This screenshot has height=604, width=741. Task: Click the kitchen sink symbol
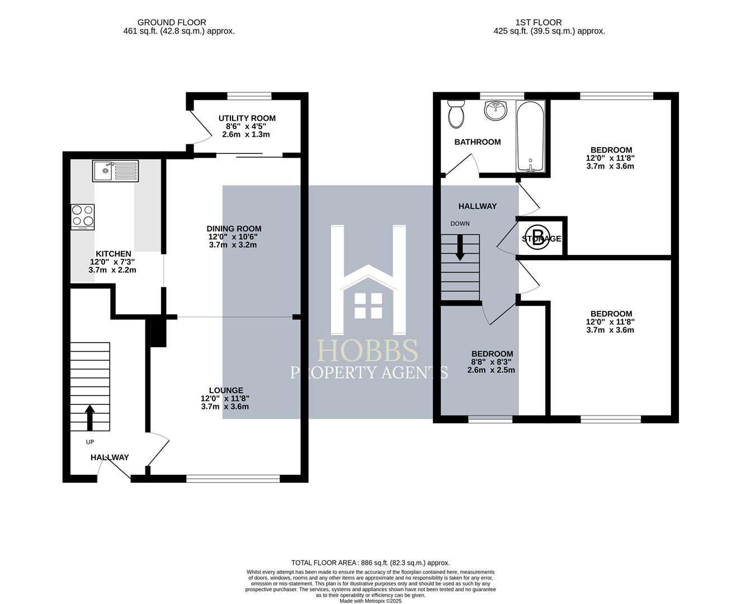[116, 171]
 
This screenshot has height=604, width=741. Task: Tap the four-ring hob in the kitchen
[83, 216]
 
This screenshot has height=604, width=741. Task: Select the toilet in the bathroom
[456, 114]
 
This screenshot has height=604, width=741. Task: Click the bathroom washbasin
[495, 111]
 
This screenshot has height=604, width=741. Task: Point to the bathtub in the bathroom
[530, 137]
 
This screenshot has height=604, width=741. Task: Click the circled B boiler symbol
[537, 238]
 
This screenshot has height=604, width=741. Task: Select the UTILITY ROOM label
[247, 118]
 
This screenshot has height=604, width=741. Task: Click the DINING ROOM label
[234, 229]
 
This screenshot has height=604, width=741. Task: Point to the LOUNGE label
[226, 390]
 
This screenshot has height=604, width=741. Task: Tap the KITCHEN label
[113, 254]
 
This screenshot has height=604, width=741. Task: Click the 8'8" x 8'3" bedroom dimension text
[492, 362]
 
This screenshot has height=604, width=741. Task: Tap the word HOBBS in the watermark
[367, 351]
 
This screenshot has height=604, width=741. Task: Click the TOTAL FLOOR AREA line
[370, 563]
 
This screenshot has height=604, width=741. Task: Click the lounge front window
[233, 478]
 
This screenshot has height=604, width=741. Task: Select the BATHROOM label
[477, 142]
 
